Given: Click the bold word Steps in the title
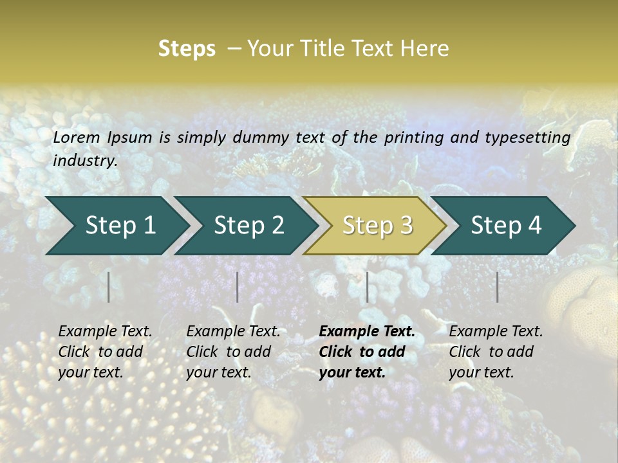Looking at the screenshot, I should point(187,49).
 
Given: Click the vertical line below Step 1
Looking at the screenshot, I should point(109,287).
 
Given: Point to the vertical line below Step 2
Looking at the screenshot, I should point(238,287).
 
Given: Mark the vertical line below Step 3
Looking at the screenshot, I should point(367,287).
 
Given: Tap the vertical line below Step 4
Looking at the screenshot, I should point(497,287).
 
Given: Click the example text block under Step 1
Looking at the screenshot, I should point(105,352).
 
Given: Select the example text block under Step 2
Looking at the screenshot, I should point(233,352).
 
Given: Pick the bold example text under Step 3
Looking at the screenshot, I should point(367,352).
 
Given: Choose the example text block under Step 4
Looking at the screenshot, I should point(496,352).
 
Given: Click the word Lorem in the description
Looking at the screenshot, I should point(77,137).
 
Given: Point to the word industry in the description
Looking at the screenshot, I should point(85,161).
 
